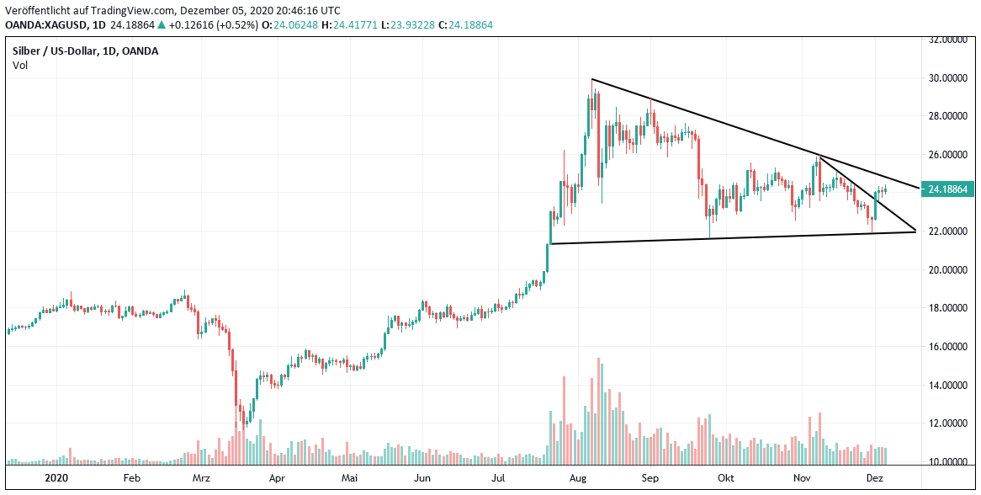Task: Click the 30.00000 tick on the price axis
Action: [x=946, y=78]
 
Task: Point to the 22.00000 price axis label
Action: [x=946, y=232]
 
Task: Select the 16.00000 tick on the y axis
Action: [x=946, y=347]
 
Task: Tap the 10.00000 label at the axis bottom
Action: [x=946, y=462]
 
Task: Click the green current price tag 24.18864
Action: [x=948, y=189]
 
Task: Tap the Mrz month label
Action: [x=201, y=477]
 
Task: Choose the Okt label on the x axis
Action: [x=726, y=477]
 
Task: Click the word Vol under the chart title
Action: [x=19, y=66]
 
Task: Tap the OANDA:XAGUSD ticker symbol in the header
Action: [x=43, y=25]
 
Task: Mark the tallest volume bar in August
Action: [x=598, y=411]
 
